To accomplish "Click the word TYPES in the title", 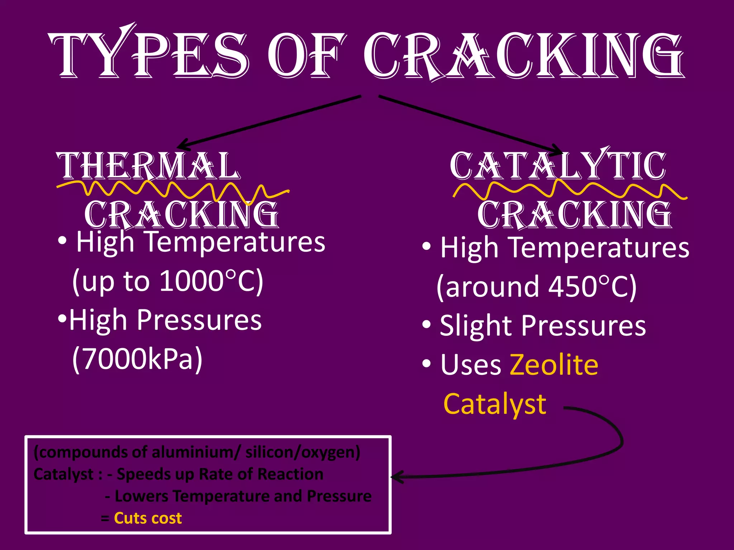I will click(x=149, y=56).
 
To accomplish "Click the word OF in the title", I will click(x=306, y=56).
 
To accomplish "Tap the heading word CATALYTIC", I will click(x=558, y=166).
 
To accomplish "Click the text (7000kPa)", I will click(x=137, y=359).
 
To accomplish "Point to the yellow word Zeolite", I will click(x=554, y=365).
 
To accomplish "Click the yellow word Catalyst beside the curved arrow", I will click(x=495, y=404).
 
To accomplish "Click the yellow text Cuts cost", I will click(x=148, y=518).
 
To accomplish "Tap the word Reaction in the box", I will click(x=290, y=474).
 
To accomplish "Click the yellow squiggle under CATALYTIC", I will click(x=570, y=190).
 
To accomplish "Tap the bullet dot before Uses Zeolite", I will click(x=426, y=364).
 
